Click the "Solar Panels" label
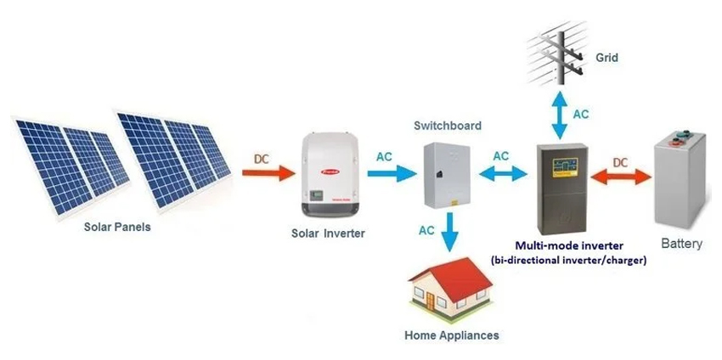pos(116,227)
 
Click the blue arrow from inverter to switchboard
pos(392,172)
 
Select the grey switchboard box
pos(447,174)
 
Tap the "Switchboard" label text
pos(448,126)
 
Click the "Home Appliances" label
pos(452,335)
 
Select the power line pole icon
pos(558,47)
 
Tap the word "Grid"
pos(606,59)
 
